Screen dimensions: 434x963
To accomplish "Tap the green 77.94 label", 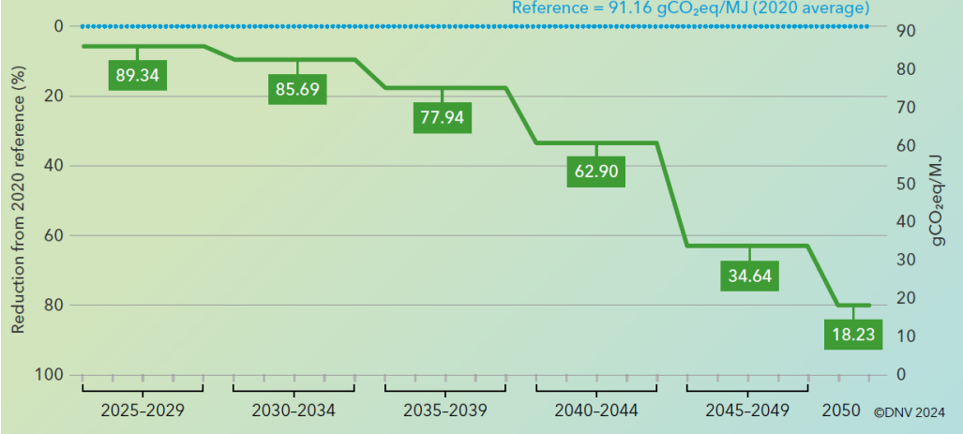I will pyautogui.click(x=443, y=117).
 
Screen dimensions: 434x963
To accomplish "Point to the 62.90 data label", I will pyautogui.click(x=596, y=172).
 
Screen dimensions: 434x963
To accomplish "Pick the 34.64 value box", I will pyautogui.click(x=750, y=277).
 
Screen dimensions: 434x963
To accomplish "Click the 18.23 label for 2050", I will pyautogui.click(x=853, y=335).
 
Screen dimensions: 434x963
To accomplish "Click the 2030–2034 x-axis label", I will pyautogui.click(x=293, y=411).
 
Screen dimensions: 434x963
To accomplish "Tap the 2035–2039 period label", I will pyautogui.click(x=444, y=411).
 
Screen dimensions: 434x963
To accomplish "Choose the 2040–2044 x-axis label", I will pyautogui.click(x=596, y=411).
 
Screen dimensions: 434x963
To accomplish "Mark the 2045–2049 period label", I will pyautogui.click(x=747, y=411).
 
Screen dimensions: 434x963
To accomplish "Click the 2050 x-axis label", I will pyautogui.click(x=841, y=411).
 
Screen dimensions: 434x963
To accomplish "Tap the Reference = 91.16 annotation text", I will pyautogui.click(x=688, y=8).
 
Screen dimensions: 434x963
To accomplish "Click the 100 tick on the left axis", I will pyautogui.click(x=52, y=375).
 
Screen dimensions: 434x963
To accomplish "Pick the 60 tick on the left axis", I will pyautogui.click(x=54, y=235).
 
